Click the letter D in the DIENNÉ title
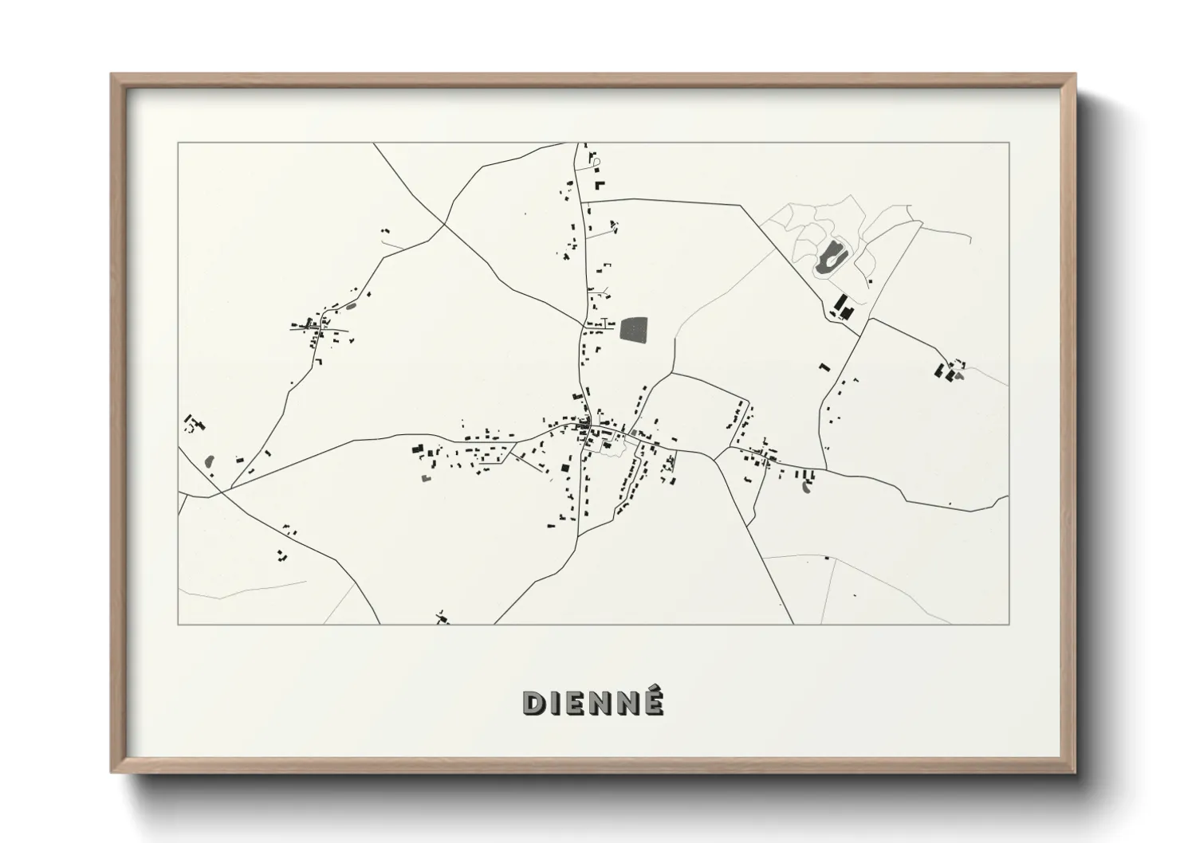(x=533, y=703)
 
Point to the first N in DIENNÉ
(x=600, y=703)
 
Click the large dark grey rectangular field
(x=634, y=330)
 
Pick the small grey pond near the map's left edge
(x=210, y=461)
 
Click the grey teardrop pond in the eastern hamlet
(x=806, y=488)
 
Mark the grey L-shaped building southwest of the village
(x=425, y=478)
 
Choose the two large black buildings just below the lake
(x=843, y=307)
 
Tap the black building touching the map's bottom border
(x=442, y=618)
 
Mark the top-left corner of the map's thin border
(x=179, y=143)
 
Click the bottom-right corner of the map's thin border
(x=1009, y=624)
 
